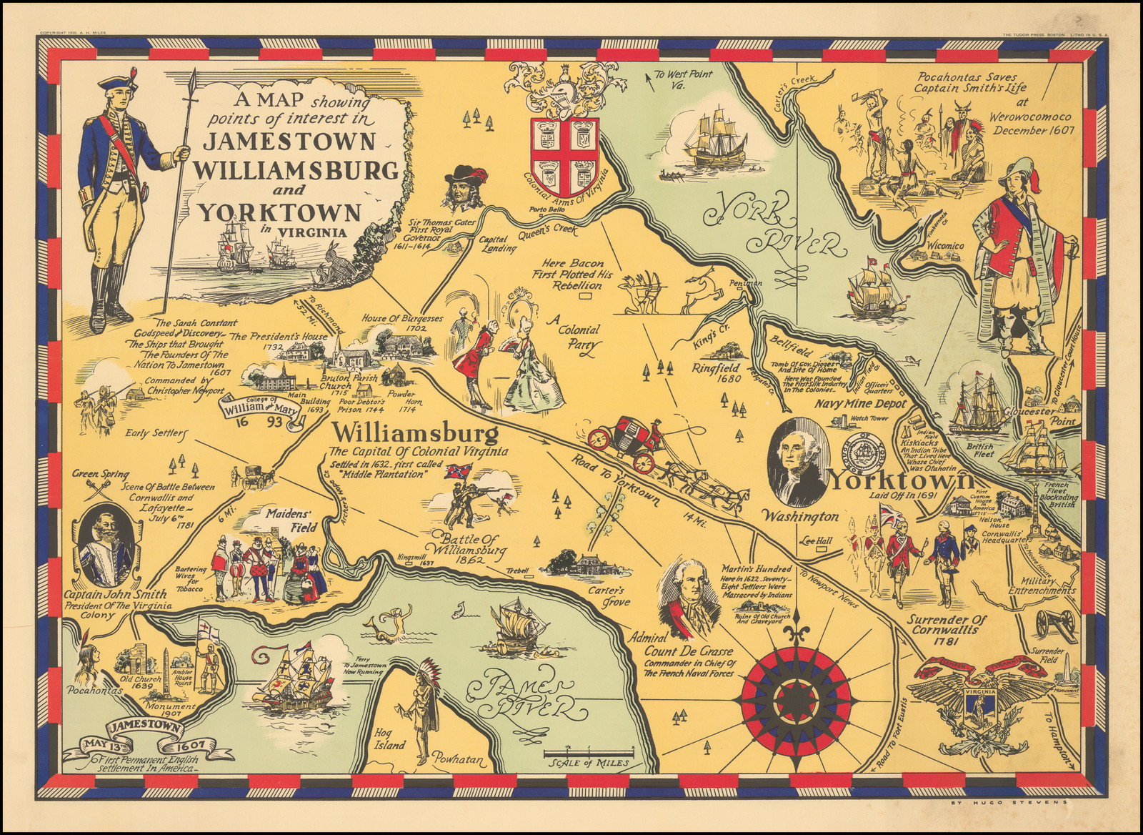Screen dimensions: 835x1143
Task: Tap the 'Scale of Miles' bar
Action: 589,753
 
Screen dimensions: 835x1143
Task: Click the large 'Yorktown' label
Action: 902,480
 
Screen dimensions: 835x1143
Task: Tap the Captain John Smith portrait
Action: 106,548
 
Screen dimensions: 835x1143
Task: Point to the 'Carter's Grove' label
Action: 606,596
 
